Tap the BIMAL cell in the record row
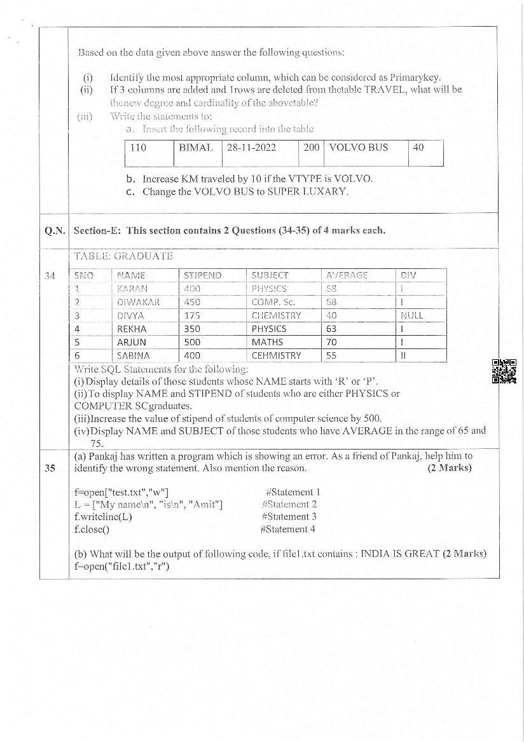(196, 148)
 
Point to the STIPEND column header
(202, 275)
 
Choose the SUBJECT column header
(270, 275)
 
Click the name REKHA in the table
(132, 329)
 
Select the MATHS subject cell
(265, 342)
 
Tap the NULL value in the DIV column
(411, 315)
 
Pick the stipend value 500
(191, 342)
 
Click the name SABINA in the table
(133, 356)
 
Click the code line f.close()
(92, 529)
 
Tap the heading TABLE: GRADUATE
(123, 256)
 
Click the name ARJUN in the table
(132, 342)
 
